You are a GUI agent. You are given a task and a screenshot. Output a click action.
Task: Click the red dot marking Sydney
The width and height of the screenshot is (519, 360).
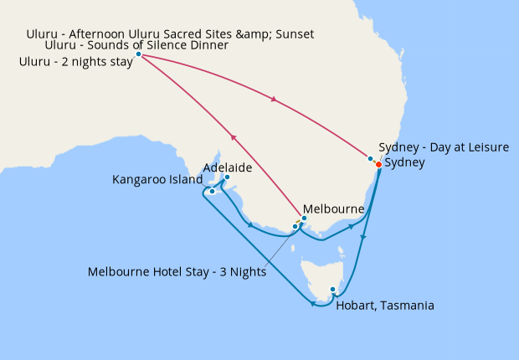378,165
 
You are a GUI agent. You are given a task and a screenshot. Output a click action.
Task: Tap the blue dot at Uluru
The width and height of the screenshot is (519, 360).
138,54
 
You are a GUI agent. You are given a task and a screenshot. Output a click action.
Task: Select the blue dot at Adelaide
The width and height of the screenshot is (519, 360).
227,177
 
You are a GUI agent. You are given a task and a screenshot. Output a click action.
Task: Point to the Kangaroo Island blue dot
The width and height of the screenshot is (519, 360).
213,191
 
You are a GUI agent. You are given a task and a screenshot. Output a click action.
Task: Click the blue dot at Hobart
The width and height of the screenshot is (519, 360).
333,291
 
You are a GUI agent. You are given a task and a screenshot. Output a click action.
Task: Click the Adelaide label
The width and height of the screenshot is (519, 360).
228,167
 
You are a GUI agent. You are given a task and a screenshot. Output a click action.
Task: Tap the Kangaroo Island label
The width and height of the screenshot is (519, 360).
157,179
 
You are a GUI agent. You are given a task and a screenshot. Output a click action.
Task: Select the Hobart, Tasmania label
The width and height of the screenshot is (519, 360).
384,306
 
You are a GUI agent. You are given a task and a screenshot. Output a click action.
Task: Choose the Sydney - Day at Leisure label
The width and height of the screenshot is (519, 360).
444,147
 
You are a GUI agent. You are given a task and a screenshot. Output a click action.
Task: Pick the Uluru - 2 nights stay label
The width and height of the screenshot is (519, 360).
75,61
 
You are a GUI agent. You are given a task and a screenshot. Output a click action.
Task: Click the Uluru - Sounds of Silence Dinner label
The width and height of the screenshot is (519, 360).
136,45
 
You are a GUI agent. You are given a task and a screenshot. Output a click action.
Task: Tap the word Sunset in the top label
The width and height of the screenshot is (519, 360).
292,33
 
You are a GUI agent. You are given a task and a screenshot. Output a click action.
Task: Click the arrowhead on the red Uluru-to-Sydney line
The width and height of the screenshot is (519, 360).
274,101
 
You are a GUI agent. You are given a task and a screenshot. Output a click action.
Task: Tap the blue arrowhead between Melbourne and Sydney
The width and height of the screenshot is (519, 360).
351,226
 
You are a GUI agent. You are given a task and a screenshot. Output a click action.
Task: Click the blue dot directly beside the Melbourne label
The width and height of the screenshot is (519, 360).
304,219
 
